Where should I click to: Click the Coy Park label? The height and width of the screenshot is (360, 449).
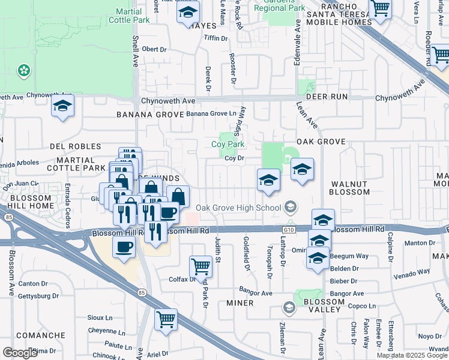click(228, 144)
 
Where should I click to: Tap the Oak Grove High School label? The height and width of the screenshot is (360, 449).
click(239, 208)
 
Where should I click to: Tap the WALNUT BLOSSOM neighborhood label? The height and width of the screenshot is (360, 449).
click(349, 187)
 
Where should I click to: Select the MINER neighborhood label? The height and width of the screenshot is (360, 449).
click(240, 304)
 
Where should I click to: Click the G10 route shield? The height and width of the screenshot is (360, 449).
click(289, 229)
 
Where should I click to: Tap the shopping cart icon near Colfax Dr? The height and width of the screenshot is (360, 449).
click(200, 265)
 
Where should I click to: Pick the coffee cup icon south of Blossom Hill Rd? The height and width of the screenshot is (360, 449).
click(124, 247)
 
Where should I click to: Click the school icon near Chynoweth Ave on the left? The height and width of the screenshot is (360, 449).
click(62, 107)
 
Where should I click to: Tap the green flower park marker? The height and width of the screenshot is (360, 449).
click(24, 71)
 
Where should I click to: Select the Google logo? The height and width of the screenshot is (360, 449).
click(20, 353)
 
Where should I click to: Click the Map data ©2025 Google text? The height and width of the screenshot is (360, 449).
click(412, 355)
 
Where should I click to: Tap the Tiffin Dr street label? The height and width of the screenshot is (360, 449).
click(217, 38)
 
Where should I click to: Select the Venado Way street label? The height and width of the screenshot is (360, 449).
click(412, 271)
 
